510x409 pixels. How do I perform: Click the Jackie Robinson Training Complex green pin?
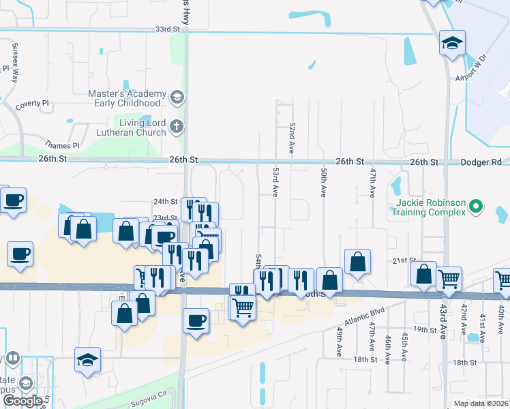click(477, 204)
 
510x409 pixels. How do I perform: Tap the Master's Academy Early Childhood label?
click(127, 98)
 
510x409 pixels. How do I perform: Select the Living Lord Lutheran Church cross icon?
click(177, 126)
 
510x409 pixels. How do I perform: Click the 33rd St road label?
click(166, 30)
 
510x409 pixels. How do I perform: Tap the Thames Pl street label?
click(62, 145)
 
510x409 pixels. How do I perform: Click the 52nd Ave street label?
click(291, 138)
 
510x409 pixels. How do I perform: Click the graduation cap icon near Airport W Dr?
click(452, 44)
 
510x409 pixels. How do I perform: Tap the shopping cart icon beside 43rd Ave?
click(449, 278)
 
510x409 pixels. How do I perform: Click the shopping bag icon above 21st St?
click(357, 261)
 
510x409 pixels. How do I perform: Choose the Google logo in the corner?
click(22, 401)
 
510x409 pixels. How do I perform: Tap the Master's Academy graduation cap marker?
click(177, 97)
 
